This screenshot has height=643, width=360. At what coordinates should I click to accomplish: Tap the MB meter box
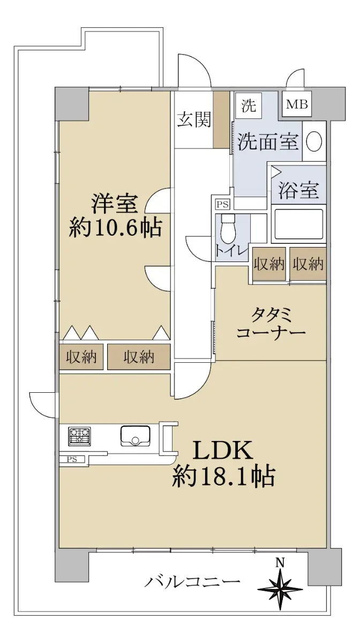(x=297, y=104)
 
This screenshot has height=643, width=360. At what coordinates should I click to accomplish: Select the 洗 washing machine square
(x=249, y=106)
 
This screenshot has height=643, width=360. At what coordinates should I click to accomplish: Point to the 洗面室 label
(x=268, y=141)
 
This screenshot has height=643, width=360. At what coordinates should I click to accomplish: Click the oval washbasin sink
(x=314, y=140)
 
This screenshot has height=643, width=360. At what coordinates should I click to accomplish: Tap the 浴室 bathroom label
(x=298, y=190)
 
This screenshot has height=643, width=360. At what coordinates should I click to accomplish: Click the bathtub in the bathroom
(x=299, y=223)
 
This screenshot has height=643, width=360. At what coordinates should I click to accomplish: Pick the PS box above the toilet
(x=223, y=205)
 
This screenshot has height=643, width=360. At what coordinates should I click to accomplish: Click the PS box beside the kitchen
(x=72, y=459)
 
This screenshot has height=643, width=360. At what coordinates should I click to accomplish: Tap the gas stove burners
(x=79, y=436)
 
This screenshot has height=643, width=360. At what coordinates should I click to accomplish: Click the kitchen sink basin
(x=135, y=436)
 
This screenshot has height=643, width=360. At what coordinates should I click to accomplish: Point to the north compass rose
(x=280, y=589)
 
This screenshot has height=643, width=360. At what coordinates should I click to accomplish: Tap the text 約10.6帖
(x=115, y=227)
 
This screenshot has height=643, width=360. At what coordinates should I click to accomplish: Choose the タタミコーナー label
(x=271, y=324)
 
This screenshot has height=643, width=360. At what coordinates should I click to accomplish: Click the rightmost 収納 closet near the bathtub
(x=307, y=264)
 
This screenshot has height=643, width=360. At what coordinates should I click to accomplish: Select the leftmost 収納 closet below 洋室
(x=81, y=357)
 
